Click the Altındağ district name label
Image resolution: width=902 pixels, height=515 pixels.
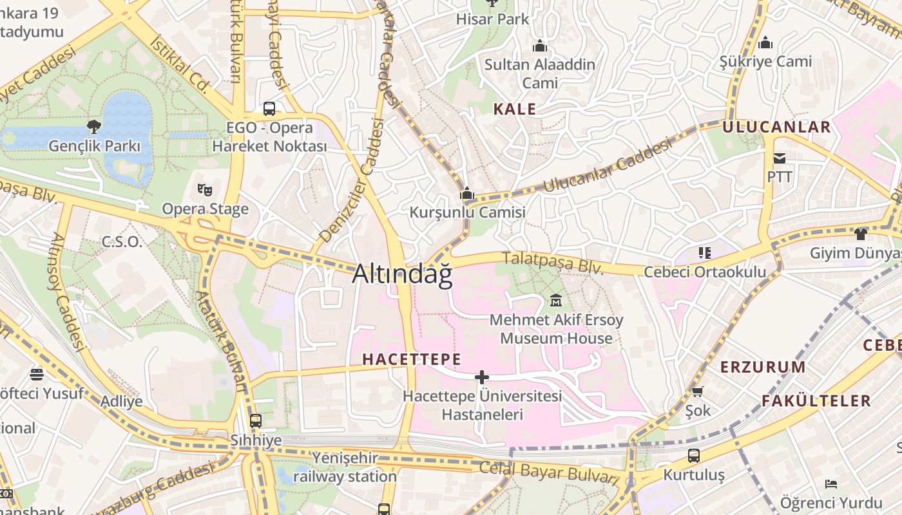(x=402, y=275)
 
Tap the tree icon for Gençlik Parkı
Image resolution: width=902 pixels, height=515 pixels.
(x=94, y=126)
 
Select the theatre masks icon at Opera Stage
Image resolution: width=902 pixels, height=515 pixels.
(x=205, y=189)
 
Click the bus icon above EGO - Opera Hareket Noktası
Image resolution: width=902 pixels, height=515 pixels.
(x=269, y=108)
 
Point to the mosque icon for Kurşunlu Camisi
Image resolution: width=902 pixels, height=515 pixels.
(x=467, y=193)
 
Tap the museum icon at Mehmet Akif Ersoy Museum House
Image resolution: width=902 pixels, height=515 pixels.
(x=556, y=300)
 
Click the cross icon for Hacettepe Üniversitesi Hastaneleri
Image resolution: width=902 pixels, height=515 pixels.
(x=482, y=377)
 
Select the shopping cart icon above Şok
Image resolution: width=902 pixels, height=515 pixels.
(x=697, y=391)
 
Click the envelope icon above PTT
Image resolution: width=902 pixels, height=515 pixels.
(x=780, y=158)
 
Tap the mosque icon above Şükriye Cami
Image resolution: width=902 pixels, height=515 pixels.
(x=765, y=42)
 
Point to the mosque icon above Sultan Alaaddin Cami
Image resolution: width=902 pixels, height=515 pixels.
(x=540, y=46)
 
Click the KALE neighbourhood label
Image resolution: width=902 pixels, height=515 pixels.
(x=515, y=109)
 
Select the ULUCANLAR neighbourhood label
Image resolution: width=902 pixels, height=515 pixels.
(x=776, y=127)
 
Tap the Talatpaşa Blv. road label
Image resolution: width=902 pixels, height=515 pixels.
(x=553, y=263)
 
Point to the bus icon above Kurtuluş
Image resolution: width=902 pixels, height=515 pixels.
(x=694, y=456)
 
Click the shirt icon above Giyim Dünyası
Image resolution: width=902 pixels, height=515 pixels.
(x=861, y=234)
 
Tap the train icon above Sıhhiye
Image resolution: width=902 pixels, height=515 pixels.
(x=256, y=421)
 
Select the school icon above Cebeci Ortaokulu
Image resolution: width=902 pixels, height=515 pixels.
(x=704, y=253)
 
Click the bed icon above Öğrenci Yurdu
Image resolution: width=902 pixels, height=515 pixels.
(x=831, y=483)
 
